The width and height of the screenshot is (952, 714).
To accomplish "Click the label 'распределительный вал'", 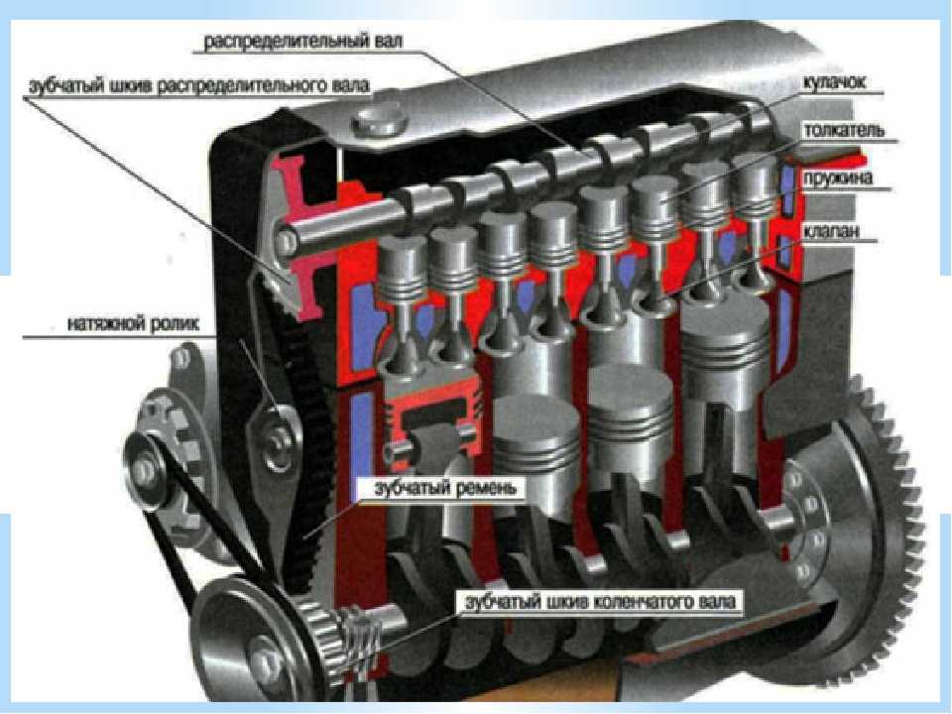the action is pos(302,42).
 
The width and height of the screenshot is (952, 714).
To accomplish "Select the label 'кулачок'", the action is pos(834,82).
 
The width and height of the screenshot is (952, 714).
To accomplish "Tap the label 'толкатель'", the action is pos(844,131).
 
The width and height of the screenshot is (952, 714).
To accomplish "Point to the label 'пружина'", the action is pos(838,178).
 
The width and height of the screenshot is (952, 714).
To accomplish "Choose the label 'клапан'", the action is pos(831,231).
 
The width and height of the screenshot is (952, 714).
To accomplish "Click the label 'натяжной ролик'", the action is pos(133,323).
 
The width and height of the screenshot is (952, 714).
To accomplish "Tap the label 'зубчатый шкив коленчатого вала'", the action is pos(600,601).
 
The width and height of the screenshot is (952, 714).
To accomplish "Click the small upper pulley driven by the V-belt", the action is pos(146,470).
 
